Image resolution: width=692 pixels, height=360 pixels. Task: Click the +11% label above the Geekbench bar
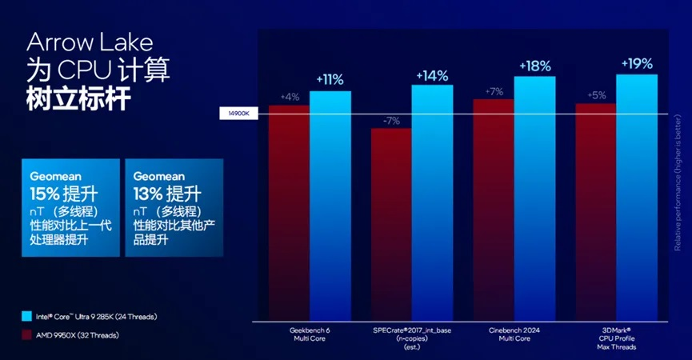[330, 79]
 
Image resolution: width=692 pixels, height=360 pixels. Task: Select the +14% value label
[432, 75]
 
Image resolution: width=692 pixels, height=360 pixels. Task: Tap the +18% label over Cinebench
[534, 66]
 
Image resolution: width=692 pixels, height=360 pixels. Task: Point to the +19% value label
[637, 63]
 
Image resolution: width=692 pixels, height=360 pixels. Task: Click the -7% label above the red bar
[391, 121]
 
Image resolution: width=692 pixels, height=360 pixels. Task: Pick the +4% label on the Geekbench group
[289, 97]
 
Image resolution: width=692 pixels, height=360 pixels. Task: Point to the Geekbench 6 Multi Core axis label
[309, 334]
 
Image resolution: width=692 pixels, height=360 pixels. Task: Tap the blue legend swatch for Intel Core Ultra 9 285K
[27, 315]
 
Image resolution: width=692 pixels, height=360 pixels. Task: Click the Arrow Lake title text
[89, 41]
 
